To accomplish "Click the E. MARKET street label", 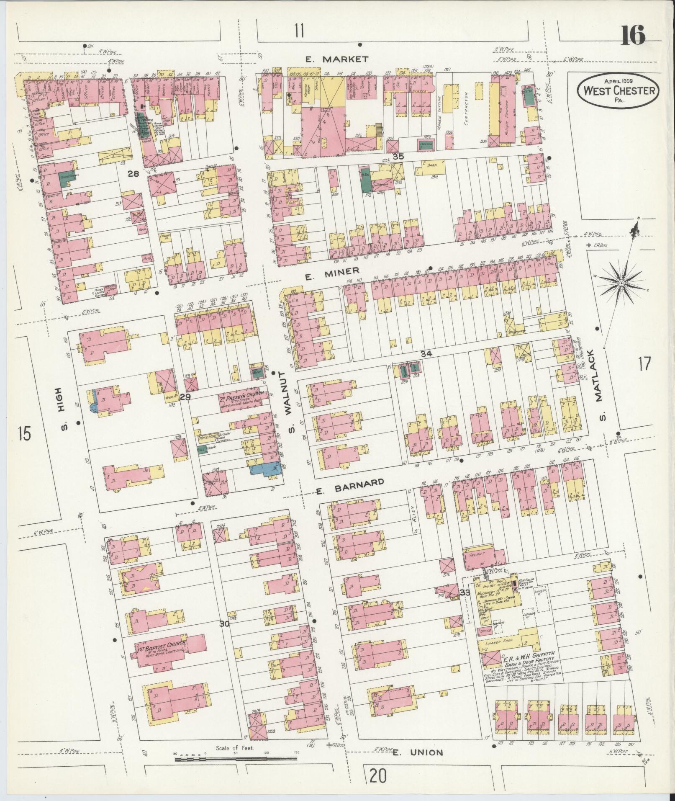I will [x=336, y=59].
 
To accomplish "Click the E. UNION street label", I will [x=418, y=752].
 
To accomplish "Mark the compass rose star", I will [x=622, y=284].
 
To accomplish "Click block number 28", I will [x=133, y=173].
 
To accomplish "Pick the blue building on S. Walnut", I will [x=264, y=469].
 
